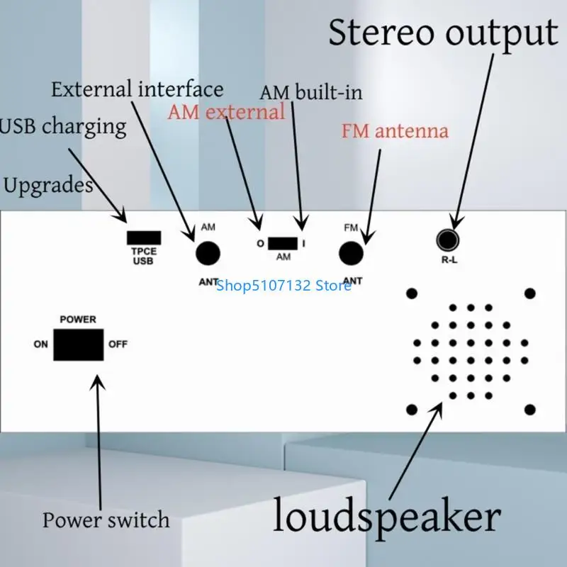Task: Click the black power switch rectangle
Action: (78, 345)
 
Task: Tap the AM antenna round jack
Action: (208, 253)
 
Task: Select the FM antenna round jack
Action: (351, 253)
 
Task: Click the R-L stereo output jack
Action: (447, 241)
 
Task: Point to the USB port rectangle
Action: (144, 238)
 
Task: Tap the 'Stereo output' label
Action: (442, 33)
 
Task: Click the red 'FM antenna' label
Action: (395, 131)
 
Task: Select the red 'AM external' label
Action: (226, 112)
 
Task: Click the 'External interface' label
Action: (137, 89)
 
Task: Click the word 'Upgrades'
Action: (48, 186)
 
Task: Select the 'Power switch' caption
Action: (106, 520)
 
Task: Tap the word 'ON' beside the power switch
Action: (41, 345)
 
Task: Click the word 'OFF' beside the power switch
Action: (118, 345)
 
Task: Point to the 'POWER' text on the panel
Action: (78, 320)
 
